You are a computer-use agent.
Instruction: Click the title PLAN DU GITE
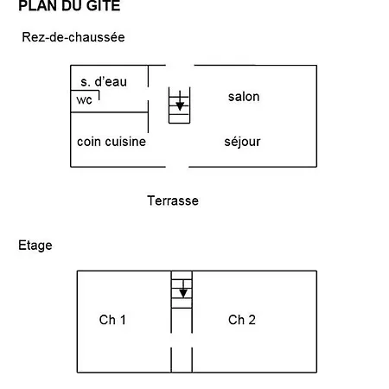click(x=69, y=6)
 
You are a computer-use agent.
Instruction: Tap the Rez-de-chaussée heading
click(x=73, y=37)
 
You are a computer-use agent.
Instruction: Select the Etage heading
click(x=35, y=246)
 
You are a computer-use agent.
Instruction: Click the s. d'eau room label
click(x=104, y=82)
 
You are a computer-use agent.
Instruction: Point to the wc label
click(x=84, y=100)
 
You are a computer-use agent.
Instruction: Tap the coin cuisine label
click(x=112, y=142)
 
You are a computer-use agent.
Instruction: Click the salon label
click(x=244, y=97)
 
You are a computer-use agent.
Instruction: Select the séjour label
click(x=242, y=142)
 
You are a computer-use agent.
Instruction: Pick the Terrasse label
click(x=173, y=201)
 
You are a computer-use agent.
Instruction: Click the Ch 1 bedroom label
click(x=112, y=320)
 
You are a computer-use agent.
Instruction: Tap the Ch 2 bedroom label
click(x=242, y=320)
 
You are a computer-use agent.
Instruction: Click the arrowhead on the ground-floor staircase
click(x=180, y=106)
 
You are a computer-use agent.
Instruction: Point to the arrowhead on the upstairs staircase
click(x=183, y=293)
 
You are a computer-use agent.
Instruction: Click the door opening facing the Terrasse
click(x=177, y=167)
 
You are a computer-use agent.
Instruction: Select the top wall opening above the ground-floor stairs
click(x=180, y=66)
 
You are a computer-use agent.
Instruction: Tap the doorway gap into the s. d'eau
click(x=148, y=94)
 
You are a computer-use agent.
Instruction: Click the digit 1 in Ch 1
click(x=123, y=320)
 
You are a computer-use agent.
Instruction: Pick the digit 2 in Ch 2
click(x=252, y=320)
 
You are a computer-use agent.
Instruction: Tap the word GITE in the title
click(x=103, y=6)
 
